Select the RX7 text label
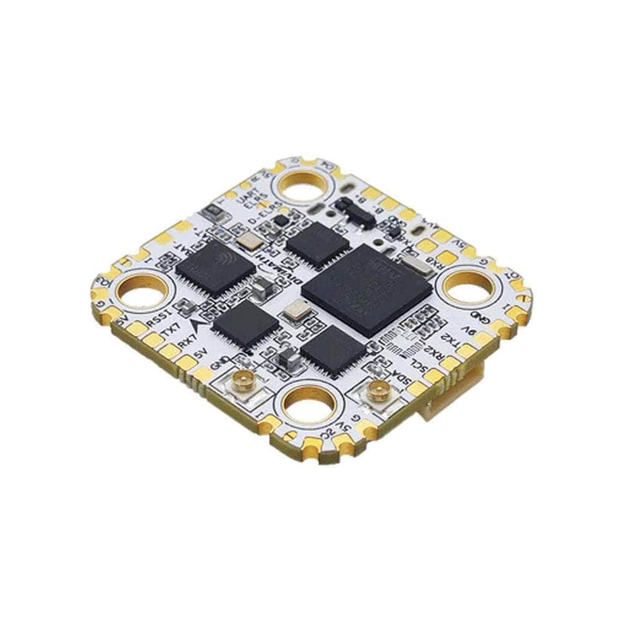[x=188, y=341]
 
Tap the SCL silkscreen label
[x=418, y=367]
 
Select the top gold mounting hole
[x=306, y=186]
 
